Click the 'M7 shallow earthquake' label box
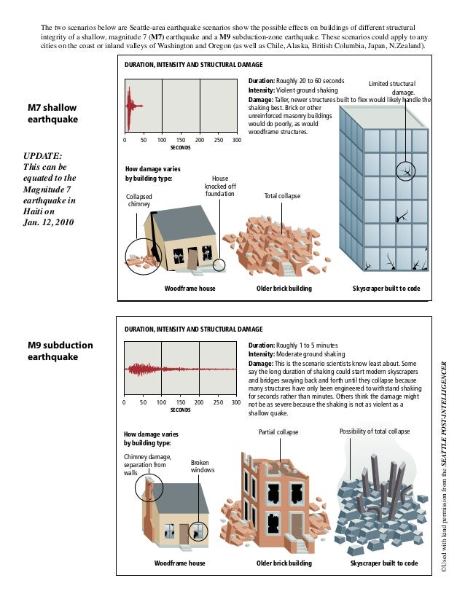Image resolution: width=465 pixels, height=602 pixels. (52, 113)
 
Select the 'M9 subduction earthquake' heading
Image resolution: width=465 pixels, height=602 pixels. (60, 351)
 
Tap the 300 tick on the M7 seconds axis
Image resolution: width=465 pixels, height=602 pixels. (236, 139)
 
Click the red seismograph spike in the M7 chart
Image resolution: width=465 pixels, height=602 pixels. (130, 106)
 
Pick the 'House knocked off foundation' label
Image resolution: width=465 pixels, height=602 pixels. (219, 186)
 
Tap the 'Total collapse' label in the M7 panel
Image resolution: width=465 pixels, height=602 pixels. (282, 197)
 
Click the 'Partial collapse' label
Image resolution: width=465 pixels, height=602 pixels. (278, 432)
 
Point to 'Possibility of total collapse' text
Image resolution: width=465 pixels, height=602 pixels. (375, 432)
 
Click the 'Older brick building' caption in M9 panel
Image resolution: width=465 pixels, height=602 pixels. (284, 563)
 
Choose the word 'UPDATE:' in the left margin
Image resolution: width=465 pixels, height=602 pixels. (43, 155)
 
